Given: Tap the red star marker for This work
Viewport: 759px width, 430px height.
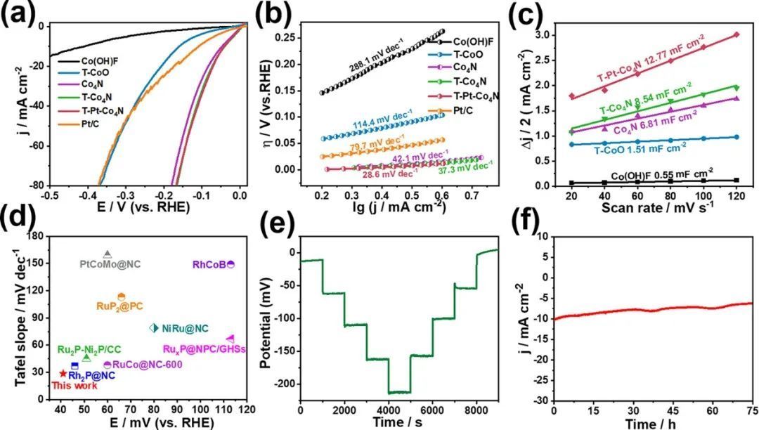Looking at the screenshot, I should pyautogui.click(x=63, y=374).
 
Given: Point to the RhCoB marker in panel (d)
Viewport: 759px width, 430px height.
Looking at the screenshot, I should pyautogui.click(x=231, y=264).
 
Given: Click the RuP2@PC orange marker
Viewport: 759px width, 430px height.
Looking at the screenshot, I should pyautogui.click(x=122, y=297).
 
